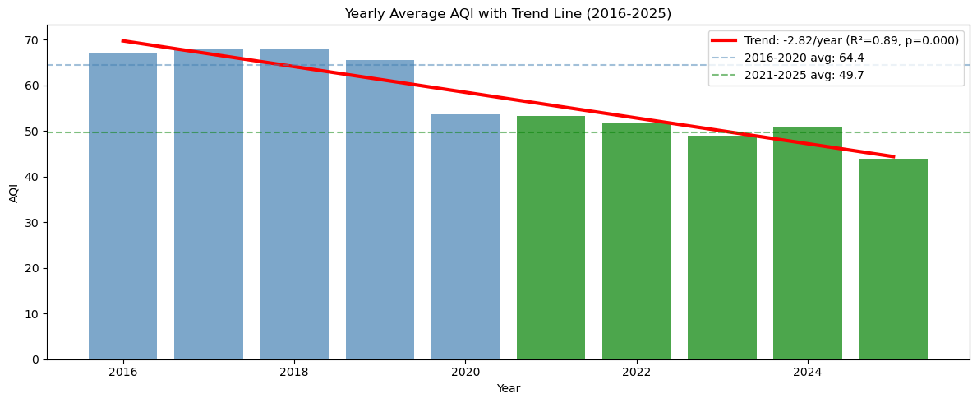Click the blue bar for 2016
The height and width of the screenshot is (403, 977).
coord(122,206)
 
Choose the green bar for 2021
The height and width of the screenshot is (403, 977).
coord(551,238)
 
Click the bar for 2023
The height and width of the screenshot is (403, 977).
coord(721,248)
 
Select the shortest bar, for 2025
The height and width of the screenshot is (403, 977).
coord(893,259)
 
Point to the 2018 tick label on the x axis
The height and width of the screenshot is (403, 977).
coord(294,372)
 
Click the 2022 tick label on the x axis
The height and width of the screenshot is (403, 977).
coord(636,372)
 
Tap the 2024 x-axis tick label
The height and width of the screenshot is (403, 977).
coord(808,372)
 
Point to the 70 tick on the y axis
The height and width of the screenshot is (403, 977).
coord(32,40)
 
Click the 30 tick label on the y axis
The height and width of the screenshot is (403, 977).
coord(32,223)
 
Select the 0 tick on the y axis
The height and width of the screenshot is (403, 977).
coord(35,359)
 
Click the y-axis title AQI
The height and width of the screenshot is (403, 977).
coord(14,192)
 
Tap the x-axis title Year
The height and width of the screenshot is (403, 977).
coord(508,388)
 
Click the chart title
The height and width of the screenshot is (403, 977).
coord(508,14)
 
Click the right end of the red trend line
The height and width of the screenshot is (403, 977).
coord(893,156)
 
